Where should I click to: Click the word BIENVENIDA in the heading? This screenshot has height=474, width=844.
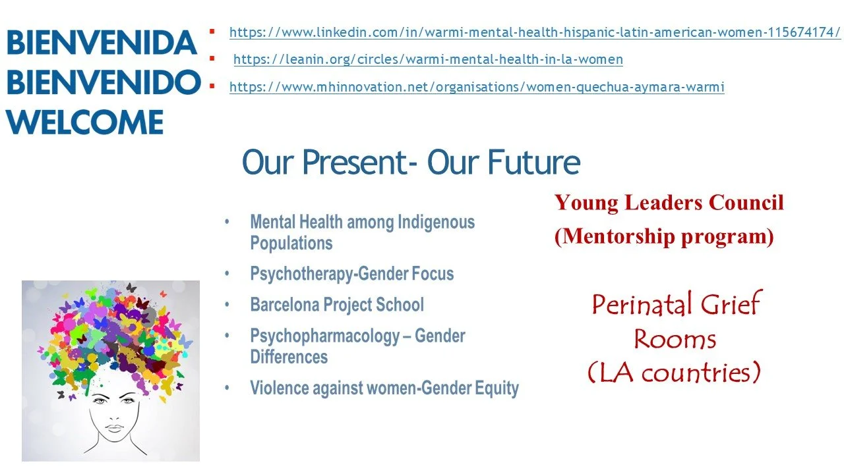102,43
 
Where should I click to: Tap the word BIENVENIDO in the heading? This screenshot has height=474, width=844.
103,83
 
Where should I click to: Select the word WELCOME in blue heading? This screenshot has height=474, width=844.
85,122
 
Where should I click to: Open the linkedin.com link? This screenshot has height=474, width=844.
535,32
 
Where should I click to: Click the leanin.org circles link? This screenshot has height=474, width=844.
428,59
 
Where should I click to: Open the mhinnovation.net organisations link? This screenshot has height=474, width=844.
477,87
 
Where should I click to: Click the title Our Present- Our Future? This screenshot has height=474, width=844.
411,163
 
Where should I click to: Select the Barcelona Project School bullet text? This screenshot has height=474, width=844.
337,305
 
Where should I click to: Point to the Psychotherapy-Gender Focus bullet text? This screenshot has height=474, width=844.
351,273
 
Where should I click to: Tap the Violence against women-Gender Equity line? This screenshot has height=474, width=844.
384,388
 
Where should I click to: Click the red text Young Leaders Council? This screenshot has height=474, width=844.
669,203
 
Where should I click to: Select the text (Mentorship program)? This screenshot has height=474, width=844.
663,236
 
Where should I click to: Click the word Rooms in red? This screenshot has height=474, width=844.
675,339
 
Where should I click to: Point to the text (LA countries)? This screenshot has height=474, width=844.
674,373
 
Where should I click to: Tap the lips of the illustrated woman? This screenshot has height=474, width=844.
114,428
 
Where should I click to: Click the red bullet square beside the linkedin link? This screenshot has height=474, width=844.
212,31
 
